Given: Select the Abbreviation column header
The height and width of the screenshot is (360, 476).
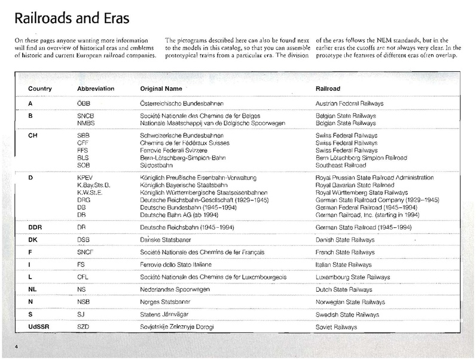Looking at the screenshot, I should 96,89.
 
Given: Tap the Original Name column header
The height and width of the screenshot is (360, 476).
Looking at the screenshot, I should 160,89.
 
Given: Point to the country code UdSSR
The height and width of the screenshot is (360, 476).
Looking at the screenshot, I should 39,327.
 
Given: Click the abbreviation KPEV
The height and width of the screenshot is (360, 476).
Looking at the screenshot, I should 87,178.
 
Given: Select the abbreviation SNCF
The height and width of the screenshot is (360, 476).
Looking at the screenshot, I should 87,252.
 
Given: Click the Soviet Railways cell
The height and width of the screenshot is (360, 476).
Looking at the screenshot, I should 336,327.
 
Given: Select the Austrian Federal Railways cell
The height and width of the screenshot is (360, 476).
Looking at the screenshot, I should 349,103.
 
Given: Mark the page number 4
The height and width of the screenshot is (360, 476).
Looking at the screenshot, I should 17,348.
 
